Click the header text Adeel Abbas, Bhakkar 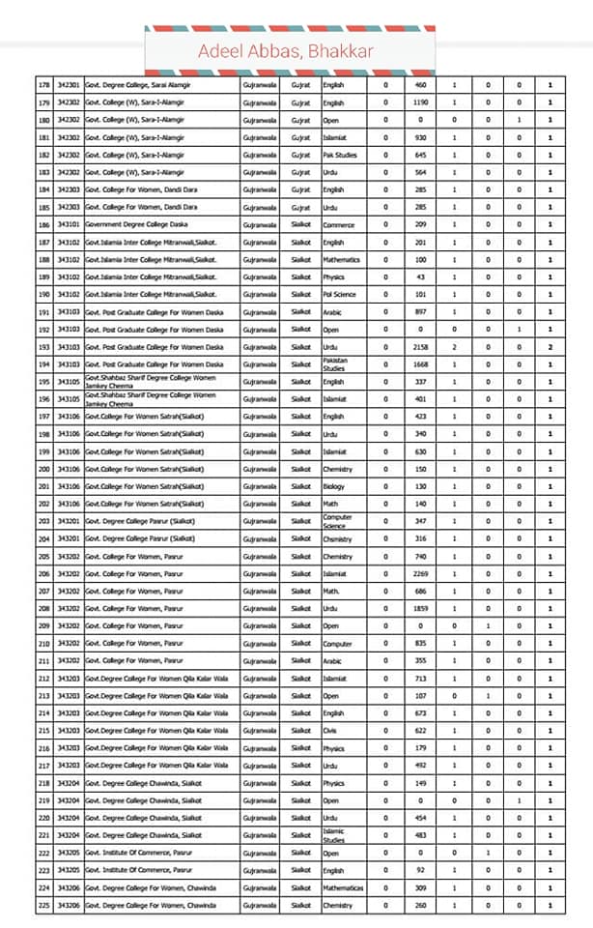pos(286,51)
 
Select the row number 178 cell pos(43,85)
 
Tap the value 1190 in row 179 pos(420,102)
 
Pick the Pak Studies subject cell pos(340,155)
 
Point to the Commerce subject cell pos(339,224)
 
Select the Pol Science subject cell pos(340,294)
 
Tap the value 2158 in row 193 pos(420,346)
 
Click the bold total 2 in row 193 pos(551,346)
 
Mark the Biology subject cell pos(334,486)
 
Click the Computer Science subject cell pos(338,521)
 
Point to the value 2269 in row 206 pos(420,573)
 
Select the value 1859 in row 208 pos(420,608)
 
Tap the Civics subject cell pos(330,731)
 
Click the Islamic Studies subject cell pos(334,835)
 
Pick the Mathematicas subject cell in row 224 pos(343,887)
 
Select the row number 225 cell pos(43,905)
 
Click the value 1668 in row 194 pos(420,363)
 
